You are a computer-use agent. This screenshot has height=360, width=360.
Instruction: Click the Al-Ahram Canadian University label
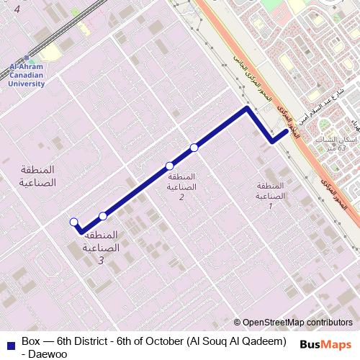coord(26,76)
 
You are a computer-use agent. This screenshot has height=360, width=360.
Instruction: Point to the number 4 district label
coord(17,10)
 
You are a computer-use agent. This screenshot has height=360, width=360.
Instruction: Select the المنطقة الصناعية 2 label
coord(181,186)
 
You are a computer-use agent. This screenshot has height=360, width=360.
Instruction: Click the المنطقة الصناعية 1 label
coord(271,196)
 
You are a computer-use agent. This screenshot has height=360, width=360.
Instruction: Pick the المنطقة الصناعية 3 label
coord(101,247)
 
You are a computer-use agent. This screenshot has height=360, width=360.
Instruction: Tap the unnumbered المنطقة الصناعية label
coord(35,175)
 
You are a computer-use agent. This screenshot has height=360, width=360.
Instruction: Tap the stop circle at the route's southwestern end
coord(73,222)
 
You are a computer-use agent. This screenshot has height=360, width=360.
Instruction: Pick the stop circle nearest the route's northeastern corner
coord(194,148)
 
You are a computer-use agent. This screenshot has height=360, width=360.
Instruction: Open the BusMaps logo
coord(325,344)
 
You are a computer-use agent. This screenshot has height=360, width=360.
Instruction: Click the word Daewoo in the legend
coord(43,353)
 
